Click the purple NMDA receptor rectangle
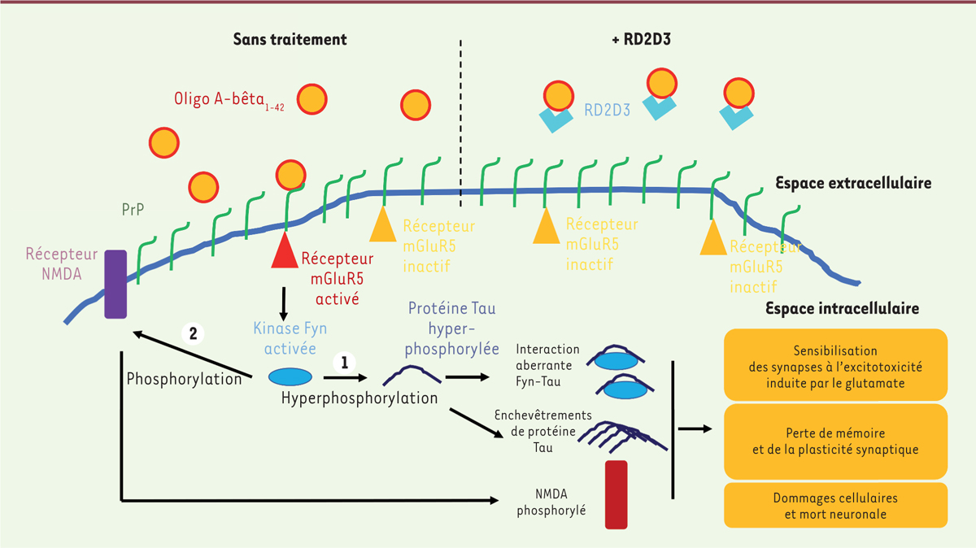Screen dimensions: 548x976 (115, 284)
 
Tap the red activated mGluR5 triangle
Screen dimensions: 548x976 (284, 252)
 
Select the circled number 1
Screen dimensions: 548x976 (346, 363)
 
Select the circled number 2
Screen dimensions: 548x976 (193, 333)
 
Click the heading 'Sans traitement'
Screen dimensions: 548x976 (290, 39)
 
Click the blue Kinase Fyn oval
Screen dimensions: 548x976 (290, 376)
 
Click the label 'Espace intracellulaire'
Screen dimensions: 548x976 (842, 309)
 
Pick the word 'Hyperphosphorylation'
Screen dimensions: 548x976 (359, 398)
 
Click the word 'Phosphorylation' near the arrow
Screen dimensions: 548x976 (185, 379)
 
